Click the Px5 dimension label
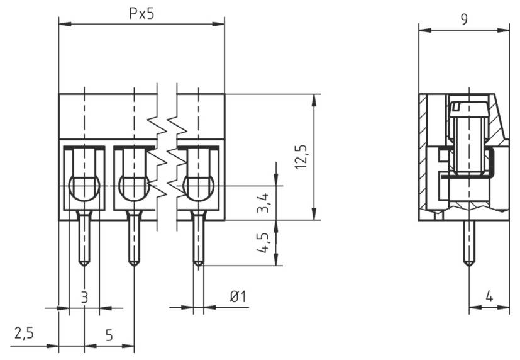[141, 14]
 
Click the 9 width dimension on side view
[464, 19]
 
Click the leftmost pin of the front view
[84, 239]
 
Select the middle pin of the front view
[133, 239]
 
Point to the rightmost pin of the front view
[198, 239]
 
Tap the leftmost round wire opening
[84, 187]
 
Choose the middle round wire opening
[133, 187]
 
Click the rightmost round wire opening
[198, 187]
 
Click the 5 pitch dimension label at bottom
[109, 335]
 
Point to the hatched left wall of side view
[424, 157]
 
